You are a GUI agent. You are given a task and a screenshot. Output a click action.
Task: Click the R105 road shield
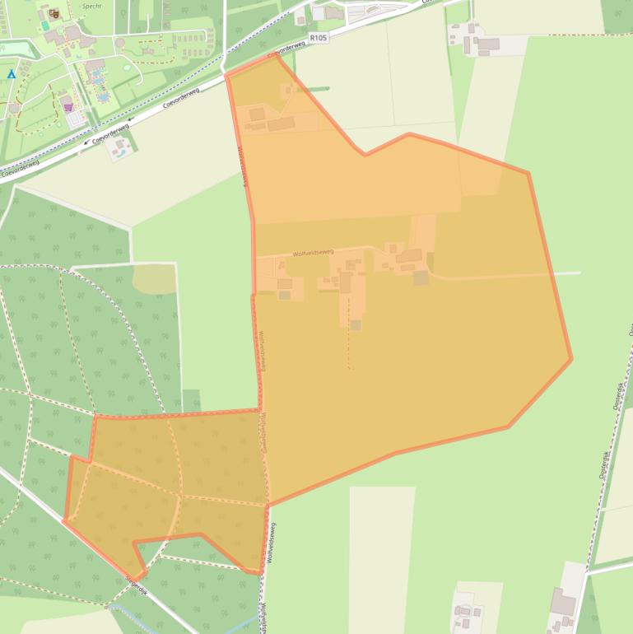[319, 37]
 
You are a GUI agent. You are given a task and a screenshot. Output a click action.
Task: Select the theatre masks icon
[54, 13]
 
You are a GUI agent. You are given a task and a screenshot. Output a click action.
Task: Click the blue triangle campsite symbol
[12, 74]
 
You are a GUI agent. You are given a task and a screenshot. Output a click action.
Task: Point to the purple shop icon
[68, 107]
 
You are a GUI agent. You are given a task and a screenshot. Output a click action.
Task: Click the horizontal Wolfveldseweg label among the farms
[314, 253]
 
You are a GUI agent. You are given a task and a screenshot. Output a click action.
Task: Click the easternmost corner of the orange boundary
[571, 358]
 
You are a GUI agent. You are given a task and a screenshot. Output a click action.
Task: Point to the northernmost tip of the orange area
[277, 55]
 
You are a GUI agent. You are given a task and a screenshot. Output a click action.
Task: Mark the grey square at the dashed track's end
[355, 325]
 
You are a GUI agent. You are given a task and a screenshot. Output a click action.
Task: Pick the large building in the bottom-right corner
[563, 603]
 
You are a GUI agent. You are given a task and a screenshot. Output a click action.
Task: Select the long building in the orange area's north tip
[281, 124]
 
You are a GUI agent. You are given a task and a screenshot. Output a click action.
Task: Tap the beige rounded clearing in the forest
[154, 279]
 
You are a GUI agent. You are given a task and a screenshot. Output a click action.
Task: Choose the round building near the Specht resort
[120, 42]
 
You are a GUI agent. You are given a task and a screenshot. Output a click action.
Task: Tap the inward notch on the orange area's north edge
[365, 153]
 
